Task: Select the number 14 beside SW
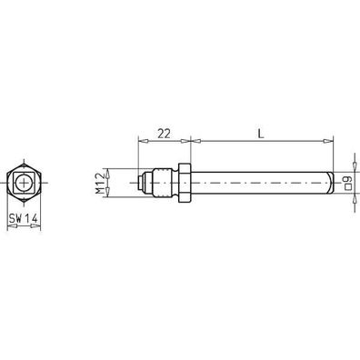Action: click(x=32, y=219)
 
